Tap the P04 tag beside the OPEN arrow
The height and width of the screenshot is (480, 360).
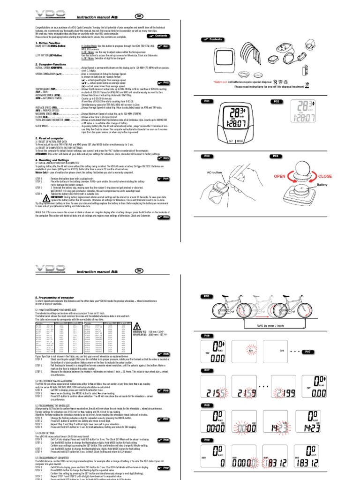277,156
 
